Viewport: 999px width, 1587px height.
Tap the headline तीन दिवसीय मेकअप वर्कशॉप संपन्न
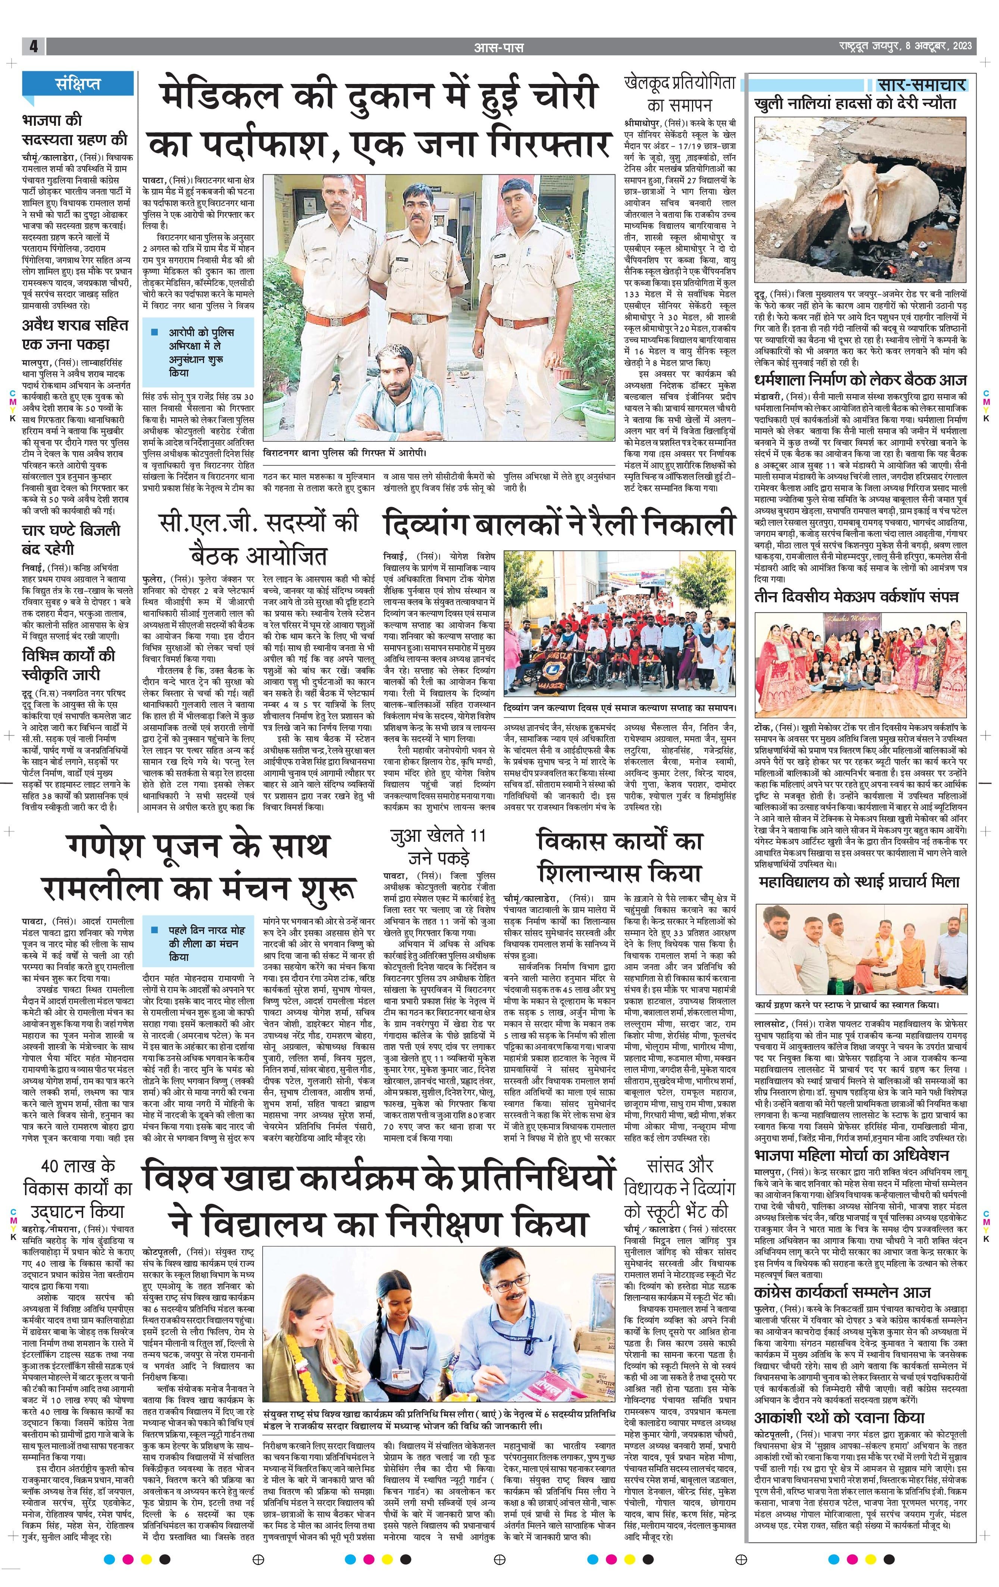pyautogui.click(x=856, y=596)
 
